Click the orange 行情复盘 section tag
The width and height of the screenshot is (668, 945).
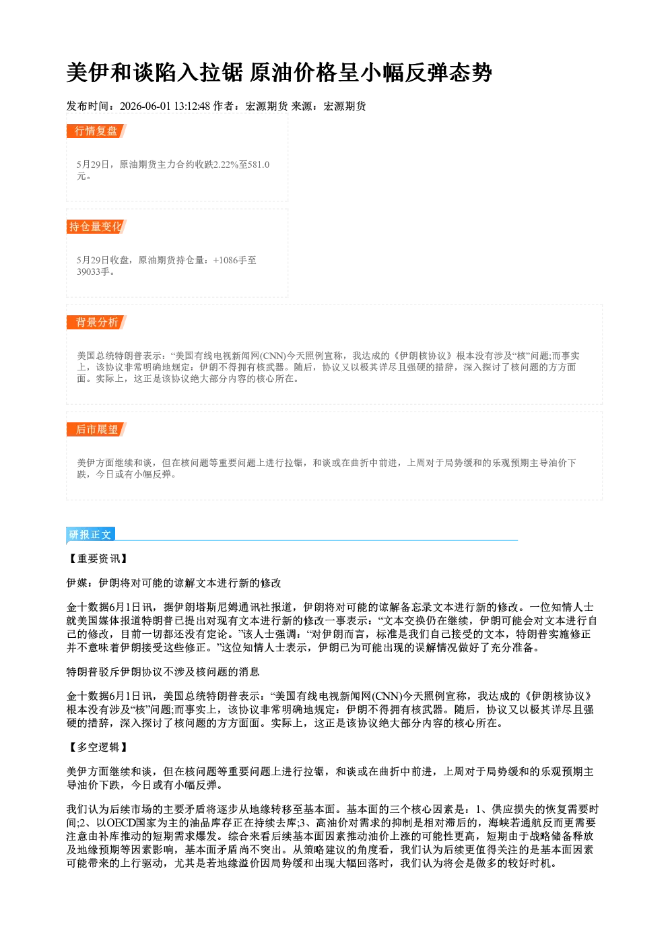click(96, 131)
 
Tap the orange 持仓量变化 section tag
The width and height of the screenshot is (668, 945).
click(96, 226)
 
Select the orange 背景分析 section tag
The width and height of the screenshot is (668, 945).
click(96, 323)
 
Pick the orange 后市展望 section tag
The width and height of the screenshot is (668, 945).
click(96, 430)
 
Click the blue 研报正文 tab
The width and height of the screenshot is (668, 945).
click(90, 534)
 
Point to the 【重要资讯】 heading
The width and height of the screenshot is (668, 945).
click(98, 559)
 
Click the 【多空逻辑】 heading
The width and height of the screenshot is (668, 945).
click(98, 748)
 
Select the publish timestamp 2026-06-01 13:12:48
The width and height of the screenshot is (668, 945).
click(165, 106)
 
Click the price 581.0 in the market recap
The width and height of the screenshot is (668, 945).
click(259, 164)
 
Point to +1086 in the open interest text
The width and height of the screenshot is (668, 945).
click(226, 260)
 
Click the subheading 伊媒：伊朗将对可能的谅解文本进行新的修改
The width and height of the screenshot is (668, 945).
click(174, 583)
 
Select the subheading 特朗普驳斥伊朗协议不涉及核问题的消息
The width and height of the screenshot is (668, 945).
click(163, 672)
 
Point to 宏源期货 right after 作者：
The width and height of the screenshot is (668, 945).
click(267, 106)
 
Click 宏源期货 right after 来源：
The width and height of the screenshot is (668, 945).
click(345, 106)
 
